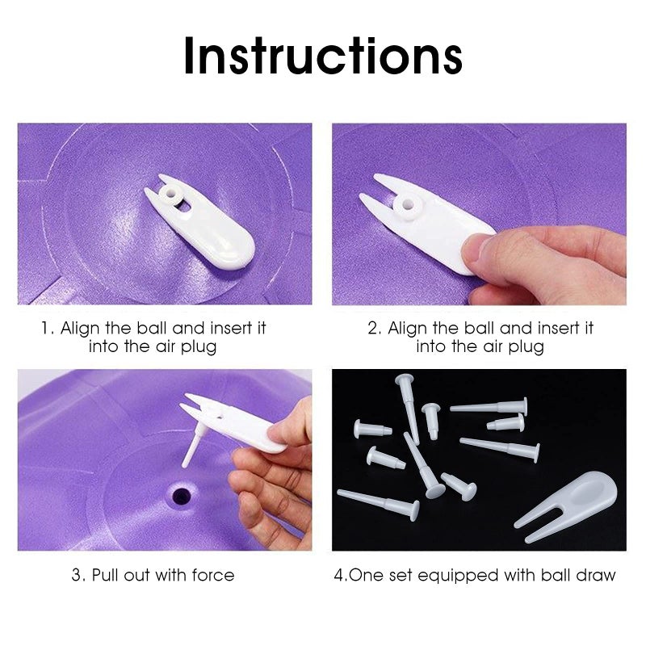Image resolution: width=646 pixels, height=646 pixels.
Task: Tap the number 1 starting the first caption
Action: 45,329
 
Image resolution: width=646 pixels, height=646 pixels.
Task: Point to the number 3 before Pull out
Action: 77,575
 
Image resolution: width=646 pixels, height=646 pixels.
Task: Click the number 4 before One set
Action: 339,575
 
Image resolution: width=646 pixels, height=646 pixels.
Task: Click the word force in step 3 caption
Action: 213,575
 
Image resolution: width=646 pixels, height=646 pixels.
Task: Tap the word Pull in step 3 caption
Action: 107,575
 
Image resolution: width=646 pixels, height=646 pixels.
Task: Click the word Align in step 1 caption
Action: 82,329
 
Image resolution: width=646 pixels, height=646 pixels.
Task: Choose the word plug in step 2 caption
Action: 526,347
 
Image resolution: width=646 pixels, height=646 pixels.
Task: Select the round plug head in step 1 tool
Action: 171,195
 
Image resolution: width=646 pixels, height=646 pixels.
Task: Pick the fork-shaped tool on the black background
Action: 570,504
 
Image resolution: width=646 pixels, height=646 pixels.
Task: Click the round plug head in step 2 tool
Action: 409,203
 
